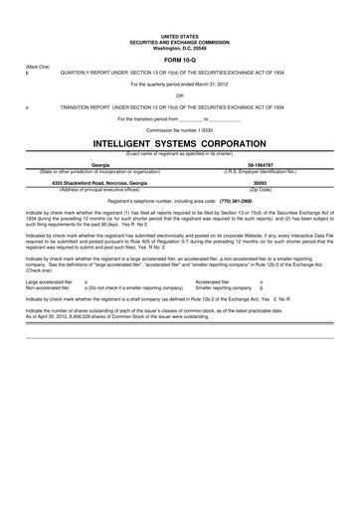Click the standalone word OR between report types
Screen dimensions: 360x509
pyautogui.click(x=179, y=95)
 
